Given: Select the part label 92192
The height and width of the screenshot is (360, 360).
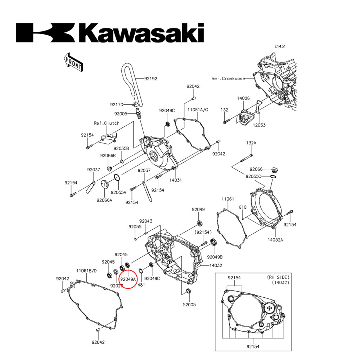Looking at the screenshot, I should tap(151, 78).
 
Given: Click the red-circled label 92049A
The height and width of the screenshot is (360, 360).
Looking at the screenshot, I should tap(128, 279).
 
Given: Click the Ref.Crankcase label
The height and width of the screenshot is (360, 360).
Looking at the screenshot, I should tap(228, 78).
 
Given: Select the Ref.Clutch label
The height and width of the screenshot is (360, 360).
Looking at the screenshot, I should tap(107, 123).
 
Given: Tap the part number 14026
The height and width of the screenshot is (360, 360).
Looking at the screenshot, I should tap(243, 98).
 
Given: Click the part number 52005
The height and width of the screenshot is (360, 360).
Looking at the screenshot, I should tap(189, 305).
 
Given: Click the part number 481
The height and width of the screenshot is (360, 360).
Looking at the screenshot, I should tap(141, 284).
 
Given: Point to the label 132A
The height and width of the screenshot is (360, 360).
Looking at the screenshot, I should tap(251, 143).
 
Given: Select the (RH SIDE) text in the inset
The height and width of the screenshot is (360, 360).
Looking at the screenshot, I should tap(278, 278).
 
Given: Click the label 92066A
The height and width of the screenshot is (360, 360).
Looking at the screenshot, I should tap(104, 200).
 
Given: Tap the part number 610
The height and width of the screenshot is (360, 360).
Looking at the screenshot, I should tap(243, 208).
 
